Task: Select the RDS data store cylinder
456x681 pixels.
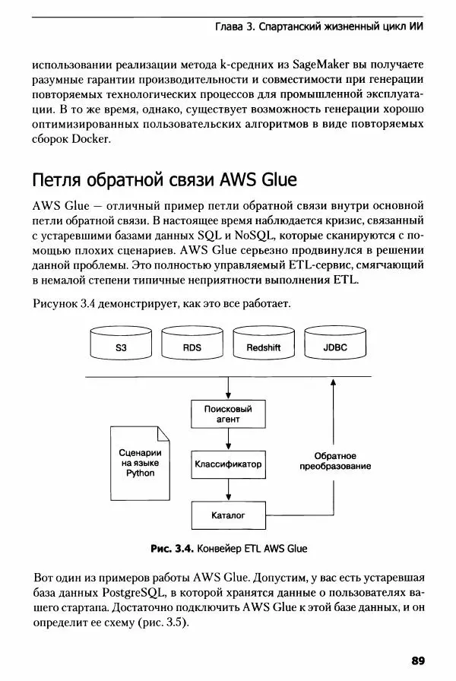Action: [x=192, y=346]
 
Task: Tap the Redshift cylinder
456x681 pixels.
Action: [x=264, y=346]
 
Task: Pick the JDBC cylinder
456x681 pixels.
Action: [x=335, y=346]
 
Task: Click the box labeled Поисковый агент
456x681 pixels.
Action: [x=227, y=414]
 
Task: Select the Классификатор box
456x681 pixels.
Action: [x=227, y=464]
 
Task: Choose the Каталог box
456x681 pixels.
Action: [x=227, y=515]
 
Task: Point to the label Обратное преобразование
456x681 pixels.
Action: [x=335, y=461]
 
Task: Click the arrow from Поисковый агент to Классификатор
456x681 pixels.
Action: [x=227, y=439]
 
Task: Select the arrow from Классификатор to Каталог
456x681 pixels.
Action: [x=227, y=489]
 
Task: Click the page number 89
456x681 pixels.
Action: [x=420, y=659]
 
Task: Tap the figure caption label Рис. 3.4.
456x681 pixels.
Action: [x=173, y=548]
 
